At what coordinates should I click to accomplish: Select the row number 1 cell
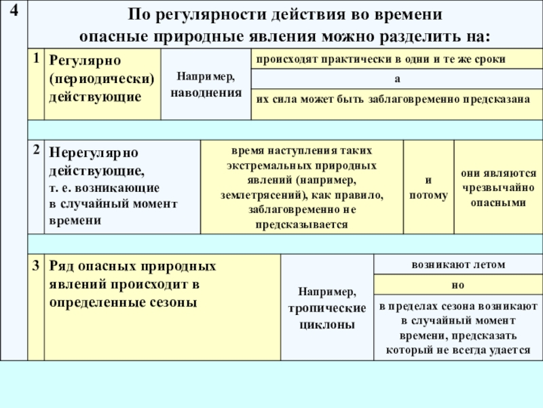click(x=35, y=59)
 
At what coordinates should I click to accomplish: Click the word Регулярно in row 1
click(x=83, y=61)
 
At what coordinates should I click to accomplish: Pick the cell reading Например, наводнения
click(x=206, y=84)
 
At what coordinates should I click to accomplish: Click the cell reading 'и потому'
click(x=428, y=188)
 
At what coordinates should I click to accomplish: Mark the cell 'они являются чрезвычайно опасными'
click(x=498, y=188)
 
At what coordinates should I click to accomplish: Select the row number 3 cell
click(x=35, y=265)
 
